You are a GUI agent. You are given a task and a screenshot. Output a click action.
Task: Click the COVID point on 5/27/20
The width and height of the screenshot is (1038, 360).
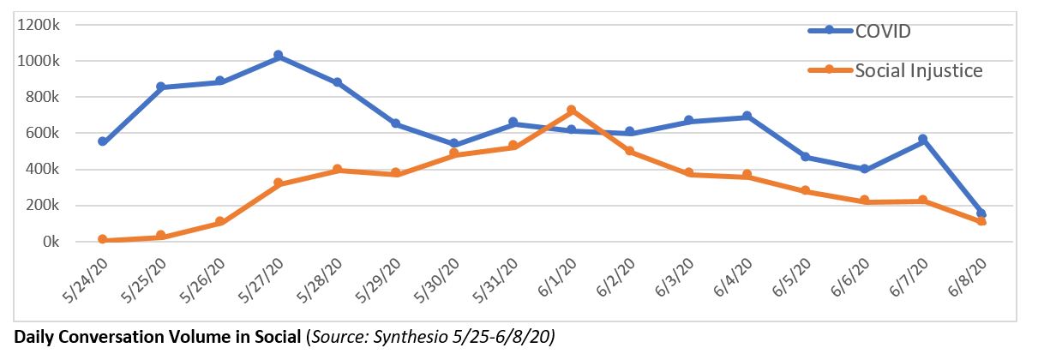(278, 56)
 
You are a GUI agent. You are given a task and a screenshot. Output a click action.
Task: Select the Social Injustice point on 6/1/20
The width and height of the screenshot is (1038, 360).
(571, 111)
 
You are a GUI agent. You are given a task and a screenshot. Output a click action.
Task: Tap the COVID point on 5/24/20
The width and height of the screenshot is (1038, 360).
(102, 141)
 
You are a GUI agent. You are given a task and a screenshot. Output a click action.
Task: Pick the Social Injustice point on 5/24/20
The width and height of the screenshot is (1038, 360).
(102, 239)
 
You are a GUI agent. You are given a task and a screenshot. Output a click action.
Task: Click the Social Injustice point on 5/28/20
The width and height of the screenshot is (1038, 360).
(337, 170)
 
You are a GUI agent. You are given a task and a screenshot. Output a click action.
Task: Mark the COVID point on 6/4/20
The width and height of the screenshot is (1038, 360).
(747, 116)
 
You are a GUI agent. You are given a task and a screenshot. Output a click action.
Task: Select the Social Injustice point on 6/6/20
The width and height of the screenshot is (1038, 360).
(864, 201)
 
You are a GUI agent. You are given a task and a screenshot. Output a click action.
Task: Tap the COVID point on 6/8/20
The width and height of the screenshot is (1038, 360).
(981, 213)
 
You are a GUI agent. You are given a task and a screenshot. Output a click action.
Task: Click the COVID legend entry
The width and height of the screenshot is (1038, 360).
(882, 31)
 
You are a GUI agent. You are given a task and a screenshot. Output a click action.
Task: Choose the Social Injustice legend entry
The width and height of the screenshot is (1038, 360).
(918, 70)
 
